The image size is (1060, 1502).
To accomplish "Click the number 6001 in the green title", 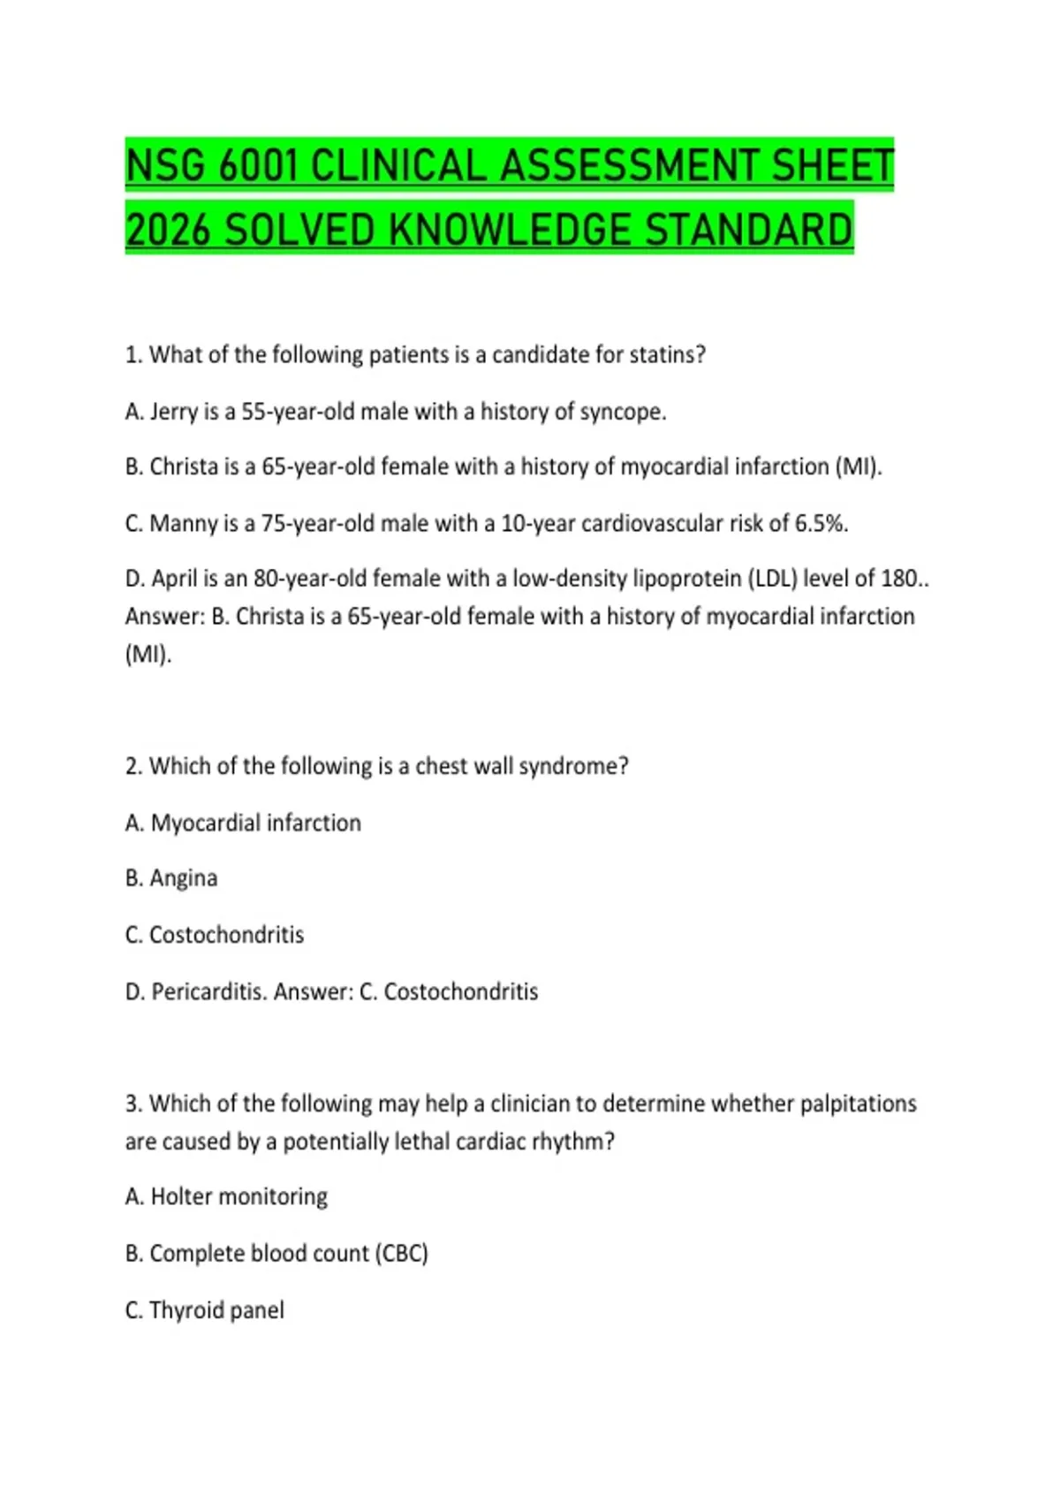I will pos(255,167).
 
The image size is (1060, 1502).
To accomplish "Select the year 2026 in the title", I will pos(168,231).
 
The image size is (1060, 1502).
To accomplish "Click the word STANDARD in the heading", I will pos(748,231).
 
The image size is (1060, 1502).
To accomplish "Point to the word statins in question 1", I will pos(670,355).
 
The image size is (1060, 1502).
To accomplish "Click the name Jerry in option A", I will pos(177,412).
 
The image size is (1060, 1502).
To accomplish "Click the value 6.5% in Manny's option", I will pos(821,524).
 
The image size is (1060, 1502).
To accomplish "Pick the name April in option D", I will pos(174,580).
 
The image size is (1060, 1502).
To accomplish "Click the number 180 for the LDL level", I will pos(899,580).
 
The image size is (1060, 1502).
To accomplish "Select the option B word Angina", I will pos(183,879).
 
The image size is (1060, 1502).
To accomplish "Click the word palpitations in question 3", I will pos(858,1104).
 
